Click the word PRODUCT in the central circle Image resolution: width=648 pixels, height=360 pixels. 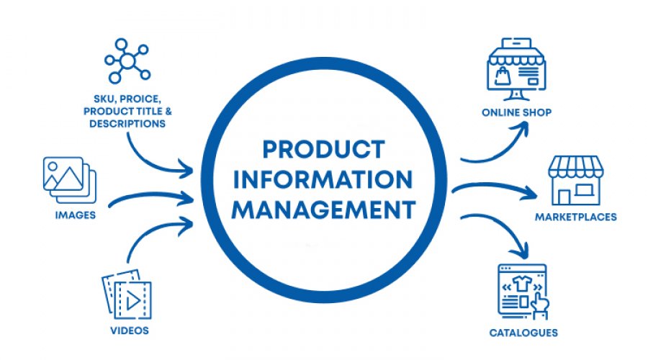point(323,149)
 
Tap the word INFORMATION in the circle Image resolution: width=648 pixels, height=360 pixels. point(323,179)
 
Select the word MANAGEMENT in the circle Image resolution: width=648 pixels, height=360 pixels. point(323,210)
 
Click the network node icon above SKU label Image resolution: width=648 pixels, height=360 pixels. point(126,62)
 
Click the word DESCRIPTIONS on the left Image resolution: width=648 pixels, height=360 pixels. point(127,123)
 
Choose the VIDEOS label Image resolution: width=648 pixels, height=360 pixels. point(130,330)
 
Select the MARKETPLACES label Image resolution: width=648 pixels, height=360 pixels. point(575,217)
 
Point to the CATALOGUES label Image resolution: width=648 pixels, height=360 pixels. point(523,333)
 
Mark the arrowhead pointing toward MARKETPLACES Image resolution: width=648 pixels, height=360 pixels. point(531,194)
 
